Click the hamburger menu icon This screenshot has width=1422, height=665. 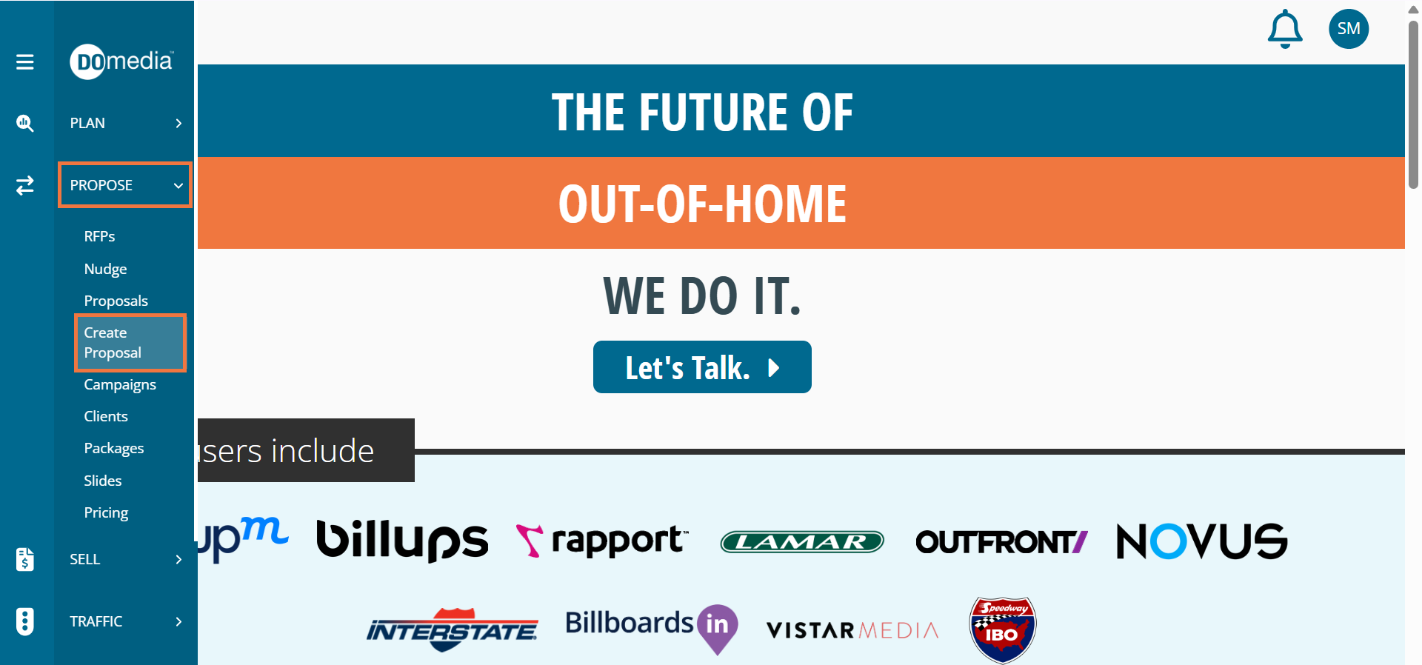[25, 62]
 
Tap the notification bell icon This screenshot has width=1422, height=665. [1285, 29]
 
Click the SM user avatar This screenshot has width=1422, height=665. [1349, 29]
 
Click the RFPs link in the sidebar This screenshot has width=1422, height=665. [99, 236]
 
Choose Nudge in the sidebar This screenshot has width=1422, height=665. [105, 269]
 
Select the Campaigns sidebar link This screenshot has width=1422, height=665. [120, 385]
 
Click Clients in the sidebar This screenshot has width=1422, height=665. [106, 416]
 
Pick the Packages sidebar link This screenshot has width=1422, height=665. [114, 449]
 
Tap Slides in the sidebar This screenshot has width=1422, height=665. [103, 481]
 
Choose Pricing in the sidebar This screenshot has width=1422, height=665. [106, 512]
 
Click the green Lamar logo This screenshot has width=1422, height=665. [802, 542]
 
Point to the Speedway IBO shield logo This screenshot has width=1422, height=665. [1003, 629]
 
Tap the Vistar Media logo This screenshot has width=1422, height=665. [852, 630]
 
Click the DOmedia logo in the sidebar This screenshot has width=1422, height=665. [121, 61]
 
